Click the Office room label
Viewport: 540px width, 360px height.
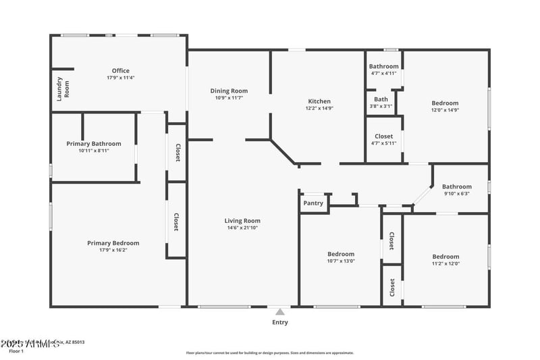point(120,71)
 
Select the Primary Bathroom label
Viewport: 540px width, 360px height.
point(94,143)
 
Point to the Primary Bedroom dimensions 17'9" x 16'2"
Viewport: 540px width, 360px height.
point(113,250)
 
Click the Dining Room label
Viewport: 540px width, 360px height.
point(229,91)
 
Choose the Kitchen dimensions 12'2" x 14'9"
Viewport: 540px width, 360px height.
point(319,108)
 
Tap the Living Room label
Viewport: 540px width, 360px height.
point(242,221)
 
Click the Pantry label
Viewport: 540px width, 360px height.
point(313,203)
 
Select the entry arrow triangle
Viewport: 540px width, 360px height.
point(279,311)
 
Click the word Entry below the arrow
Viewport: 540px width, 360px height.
point(279,322)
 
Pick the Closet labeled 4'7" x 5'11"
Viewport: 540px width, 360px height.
point(383,139)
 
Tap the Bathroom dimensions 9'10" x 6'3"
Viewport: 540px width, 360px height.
point(456,193)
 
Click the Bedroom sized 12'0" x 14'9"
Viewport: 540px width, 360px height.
point(445,107)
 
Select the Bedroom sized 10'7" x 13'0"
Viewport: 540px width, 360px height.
point(341,257)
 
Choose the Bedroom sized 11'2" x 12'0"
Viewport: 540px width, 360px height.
point(446,260)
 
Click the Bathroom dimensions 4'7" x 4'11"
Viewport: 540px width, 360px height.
point(383,73)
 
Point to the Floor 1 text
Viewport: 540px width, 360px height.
point(16,351)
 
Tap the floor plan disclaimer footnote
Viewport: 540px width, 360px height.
point(270,353)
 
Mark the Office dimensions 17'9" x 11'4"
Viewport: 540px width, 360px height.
point(120,78)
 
